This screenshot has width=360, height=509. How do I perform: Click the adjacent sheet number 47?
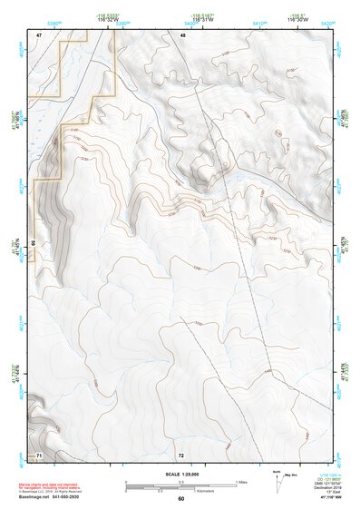click(40, 34)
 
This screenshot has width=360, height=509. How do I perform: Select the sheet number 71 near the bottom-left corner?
click(39, 453)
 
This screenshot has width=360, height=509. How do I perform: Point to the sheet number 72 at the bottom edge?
click(181, 453)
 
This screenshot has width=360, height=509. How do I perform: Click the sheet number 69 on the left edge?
click(33, 243)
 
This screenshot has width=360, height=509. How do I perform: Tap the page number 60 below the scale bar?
click(181, 498)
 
